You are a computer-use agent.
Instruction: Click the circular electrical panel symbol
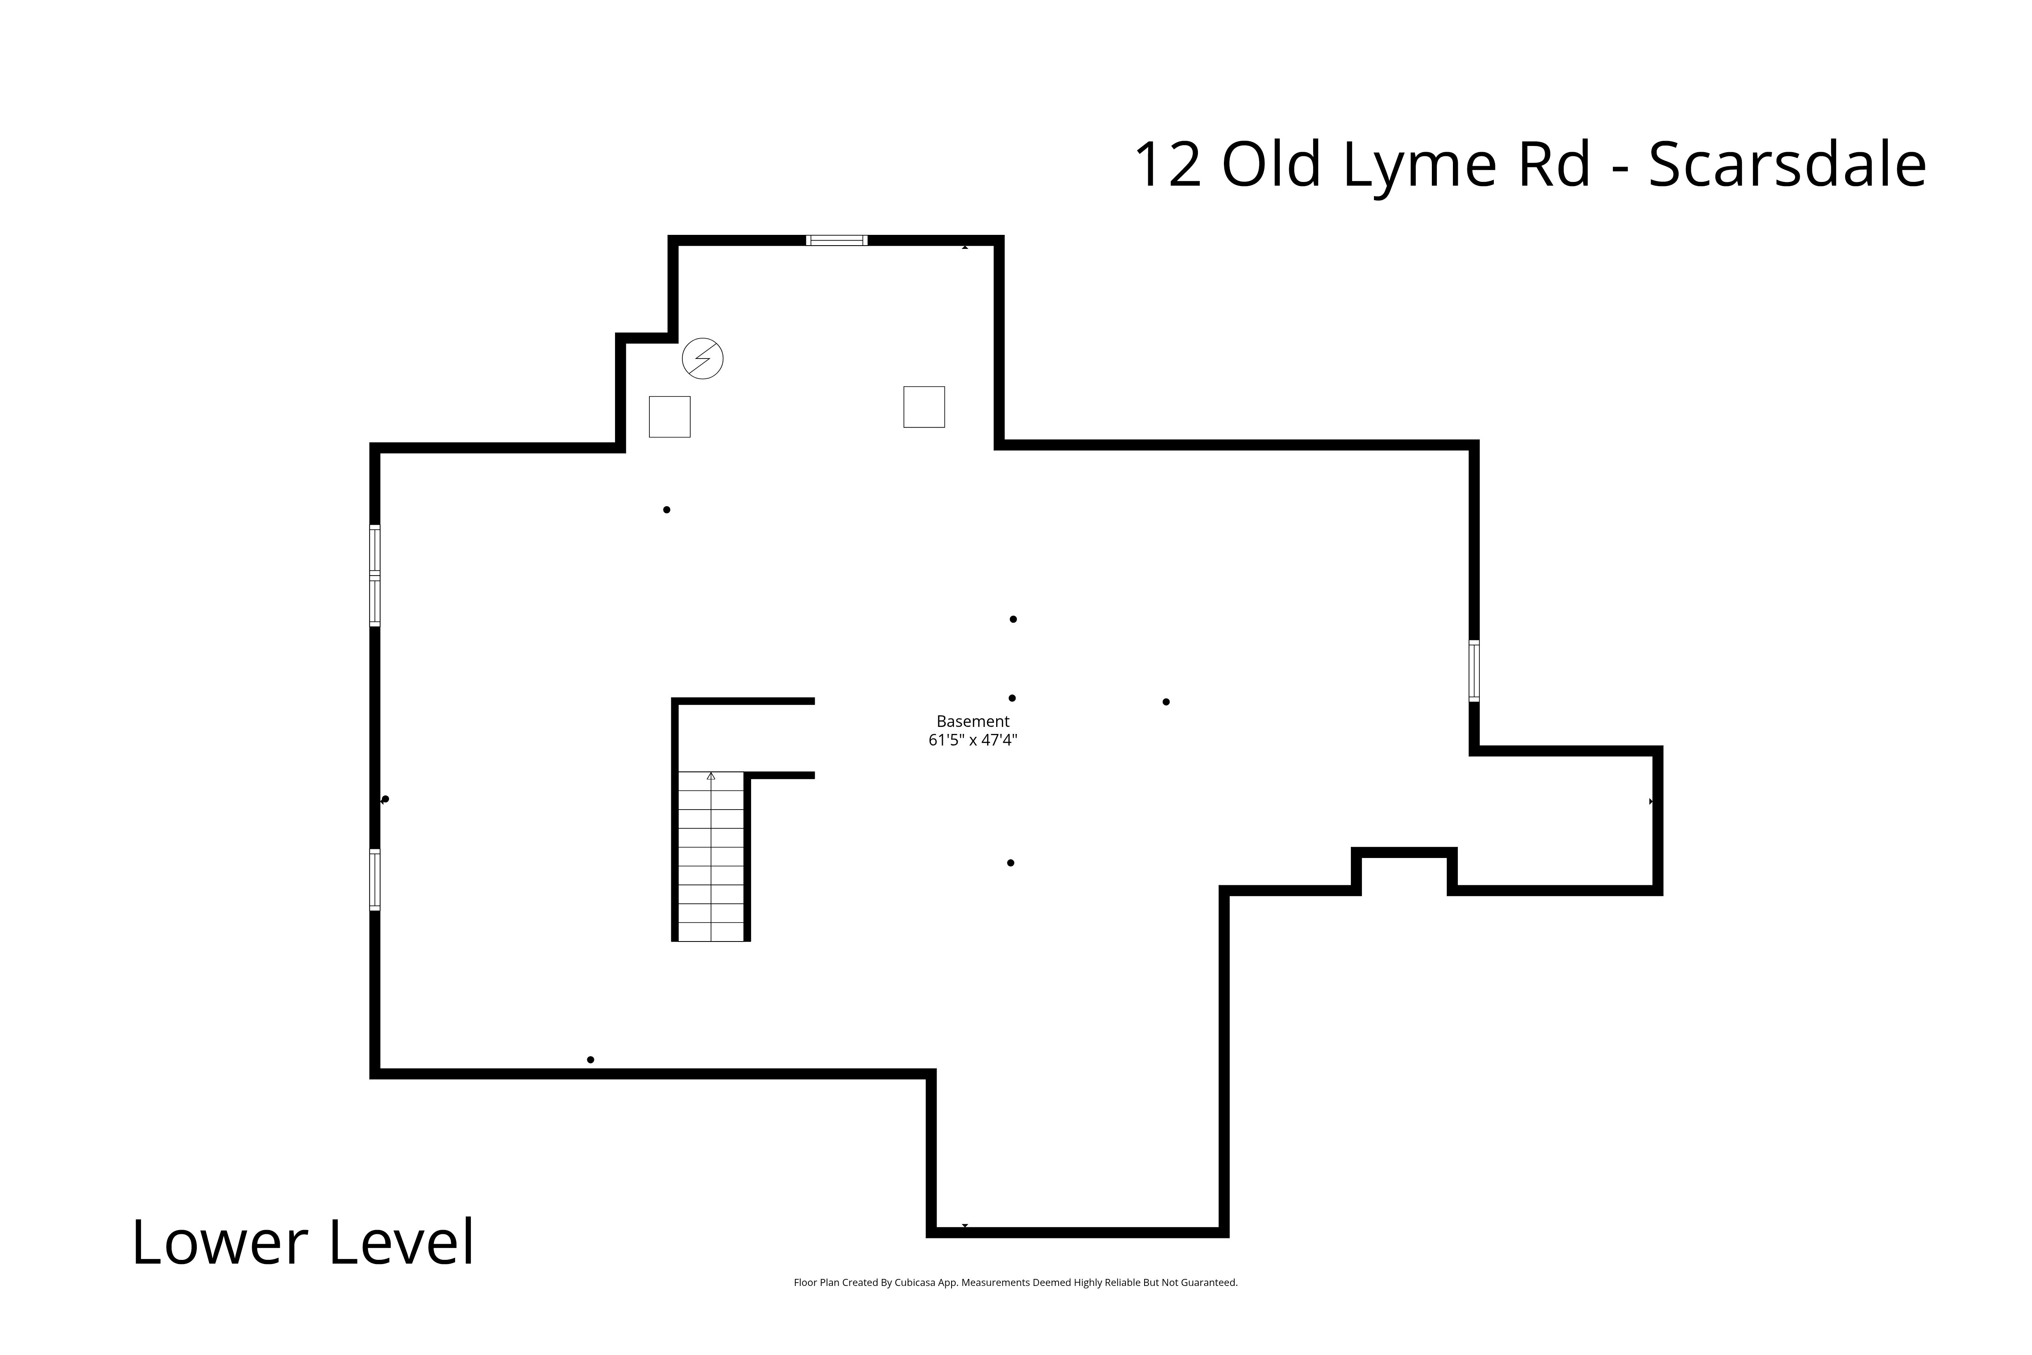(702, 358)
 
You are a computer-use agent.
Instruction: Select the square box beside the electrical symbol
(670, 416)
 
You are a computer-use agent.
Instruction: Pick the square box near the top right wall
(923, 406)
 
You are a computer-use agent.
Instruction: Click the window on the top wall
(836, 240)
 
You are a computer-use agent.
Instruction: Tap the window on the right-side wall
(1474, 671)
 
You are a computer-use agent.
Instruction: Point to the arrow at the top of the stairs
(711, 776)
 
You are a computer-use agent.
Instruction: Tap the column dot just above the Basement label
(1012, 698)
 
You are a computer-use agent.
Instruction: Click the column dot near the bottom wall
(590, 1059)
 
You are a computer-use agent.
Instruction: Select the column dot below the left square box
(666, 510)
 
